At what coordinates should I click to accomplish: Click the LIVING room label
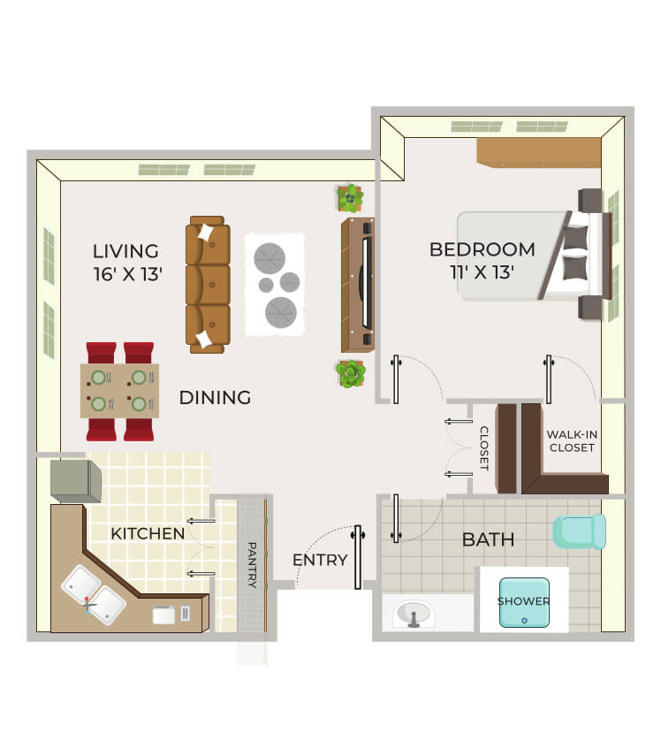pos(126,251)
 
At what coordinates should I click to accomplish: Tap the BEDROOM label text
pos(482,249)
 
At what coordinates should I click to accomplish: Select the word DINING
pos(216,397)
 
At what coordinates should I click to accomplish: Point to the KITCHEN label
pos(148,533)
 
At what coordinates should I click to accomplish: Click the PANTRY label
pos(252,564)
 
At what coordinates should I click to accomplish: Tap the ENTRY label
pos(320,560)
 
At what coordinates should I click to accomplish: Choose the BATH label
pos(488,539)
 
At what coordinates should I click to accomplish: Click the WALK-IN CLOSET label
pos(572,441)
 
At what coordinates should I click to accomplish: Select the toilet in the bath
pos(580,531)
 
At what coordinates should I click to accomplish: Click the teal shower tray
pos(524,602)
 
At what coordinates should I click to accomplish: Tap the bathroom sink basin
pos(414,614)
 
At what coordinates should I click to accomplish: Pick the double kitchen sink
pos(94,595)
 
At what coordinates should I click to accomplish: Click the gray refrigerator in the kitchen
pos(76,481)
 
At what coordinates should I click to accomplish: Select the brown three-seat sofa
pos(208,285)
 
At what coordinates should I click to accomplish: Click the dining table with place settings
pos(119,391)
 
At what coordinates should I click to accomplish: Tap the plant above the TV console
pos(350,198)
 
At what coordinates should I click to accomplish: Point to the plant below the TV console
pos(350,373)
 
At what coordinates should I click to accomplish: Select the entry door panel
pos(358,557)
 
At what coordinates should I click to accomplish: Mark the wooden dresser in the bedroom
pos(539,152)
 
